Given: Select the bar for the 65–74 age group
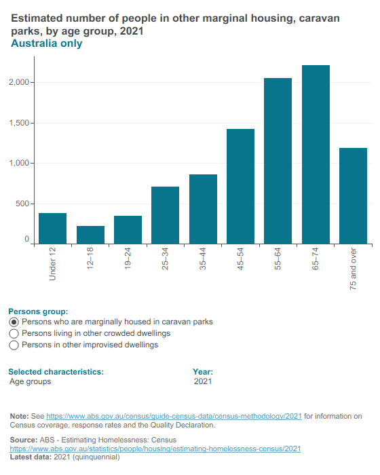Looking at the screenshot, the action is click(316, 155).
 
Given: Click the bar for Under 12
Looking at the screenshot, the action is click(53, 229).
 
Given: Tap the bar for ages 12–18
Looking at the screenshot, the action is click(90, 235).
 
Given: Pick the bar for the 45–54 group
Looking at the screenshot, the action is click(241, 187).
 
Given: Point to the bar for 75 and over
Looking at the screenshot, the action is click(354, 196).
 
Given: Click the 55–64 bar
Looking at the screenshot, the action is click(278, 161).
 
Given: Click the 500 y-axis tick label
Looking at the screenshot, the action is click(22, 204).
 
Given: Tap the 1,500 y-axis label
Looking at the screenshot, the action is click(19, 123).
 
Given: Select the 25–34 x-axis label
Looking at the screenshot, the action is click(165, 259).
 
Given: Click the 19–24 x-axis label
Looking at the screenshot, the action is click(128, 259).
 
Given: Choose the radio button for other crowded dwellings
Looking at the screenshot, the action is click(14, 334).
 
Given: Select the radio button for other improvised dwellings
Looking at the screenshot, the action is click(14, 345).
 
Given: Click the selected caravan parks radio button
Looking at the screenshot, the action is click(14, 322).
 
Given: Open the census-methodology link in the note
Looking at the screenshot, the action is click(174, 416).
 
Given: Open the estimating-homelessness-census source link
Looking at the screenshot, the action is click(155, 449).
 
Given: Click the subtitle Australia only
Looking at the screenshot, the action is click(47, 43).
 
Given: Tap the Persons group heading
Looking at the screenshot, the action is click(38, 311).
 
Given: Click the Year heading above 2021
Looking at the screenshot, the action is click(203, 372).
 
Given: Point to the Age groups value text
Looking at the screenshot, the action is click(31, 381).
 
